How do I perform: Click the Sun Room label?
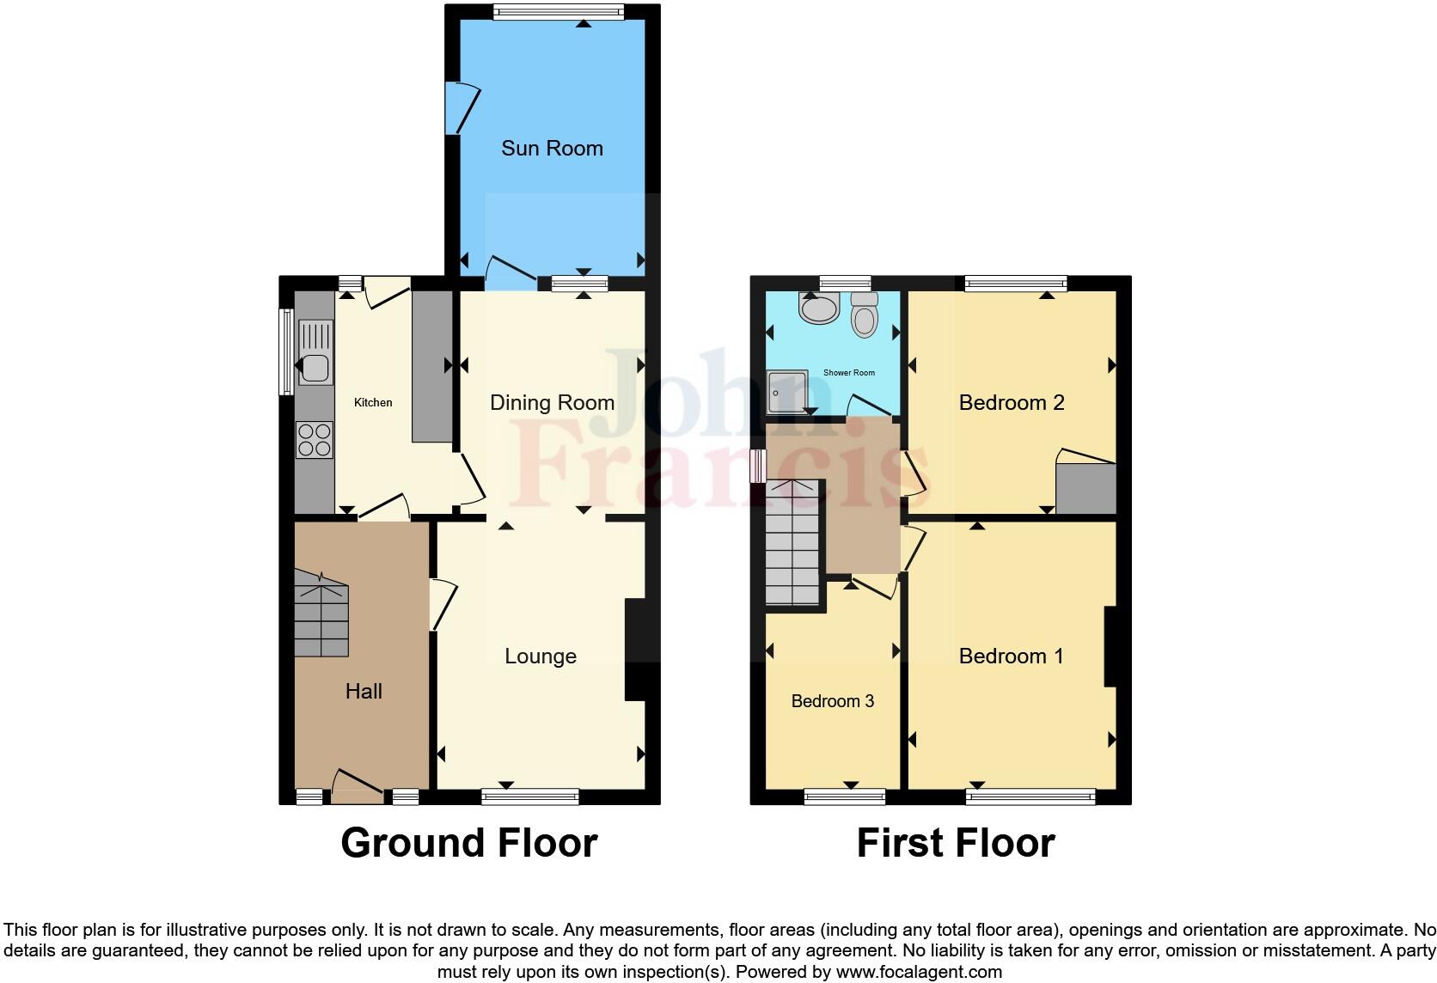(x=552, y=149)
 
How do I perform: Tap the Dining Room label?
(x=552, y=402)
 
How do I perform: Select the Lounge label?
(x=540, y=656)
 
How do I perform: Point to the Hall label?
(x=364, y=692)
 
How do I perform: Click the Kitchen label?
(x=373, y=402)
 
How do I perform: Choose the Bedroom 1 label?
(x=1011, y=656)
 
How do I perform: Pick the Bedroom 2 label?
(x=1012, y=402)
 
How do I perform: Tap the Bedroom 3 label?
(x=832, y=701)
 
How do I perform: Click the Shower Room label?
(x=848, y=373)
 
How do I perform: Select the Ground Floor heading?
(x=469, y=843)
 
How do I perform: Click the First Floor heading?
(x=956, y=843)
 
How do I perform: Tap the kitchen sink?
(x=315, y=352)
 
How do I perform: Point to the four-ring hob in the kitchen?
(x=315, y=440)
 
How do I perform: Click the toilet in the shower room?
(x=865, y=315)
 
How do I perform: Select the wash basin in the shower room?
(x=818, y=308)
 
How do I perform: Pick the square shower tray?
(x=787, y=393)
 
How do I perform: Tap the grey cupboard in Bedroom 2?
(x=1085, y=488)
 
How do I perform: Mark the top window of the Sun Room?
(x=559, y=11)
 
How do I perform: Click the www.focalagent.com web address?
(x=919, y=973)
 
